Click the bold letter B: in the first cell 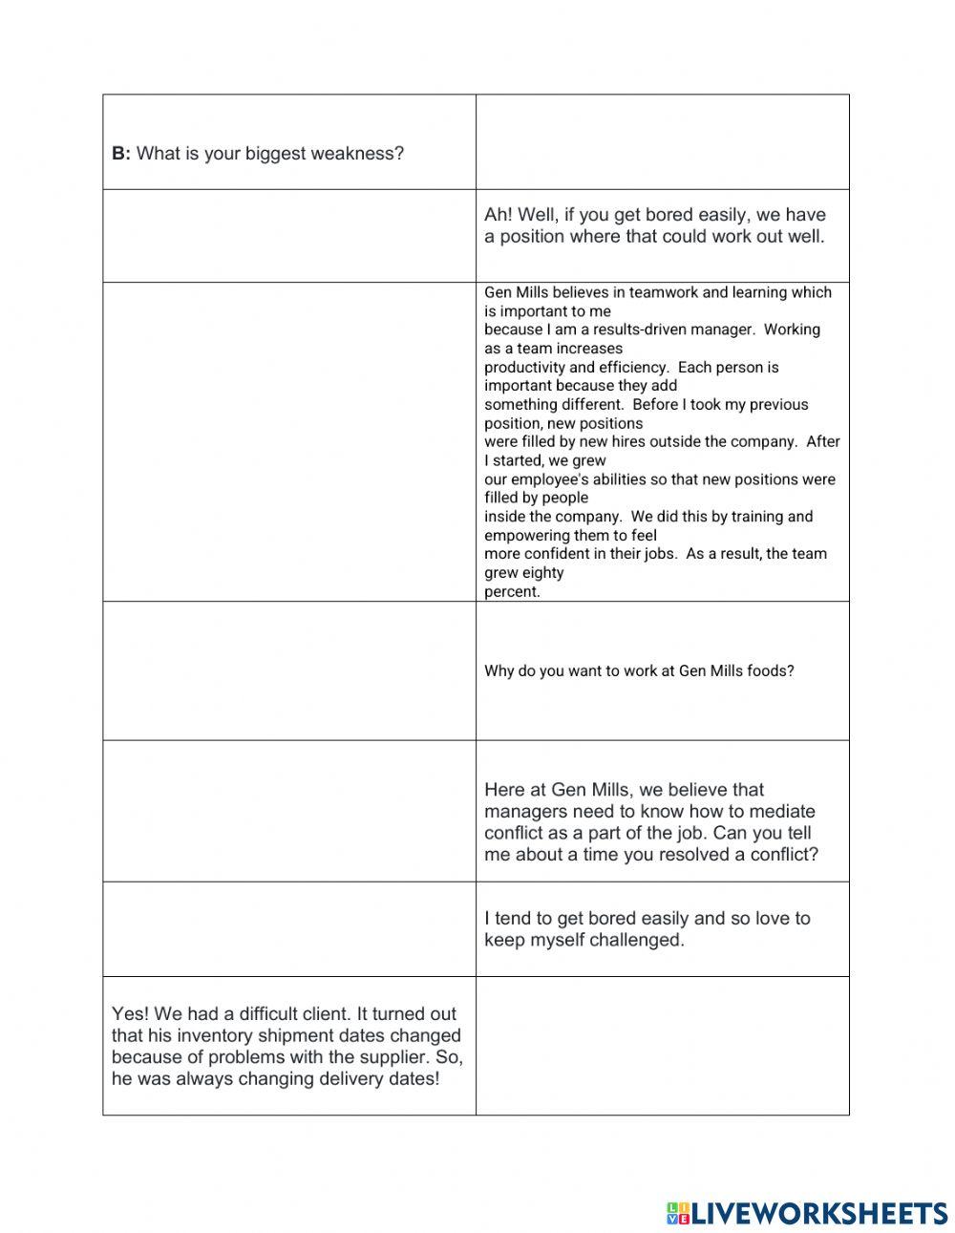click(x=121, y=154)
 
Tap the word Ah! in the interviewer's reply click(x=499, y=215)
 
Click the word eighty click(x=543, y=573)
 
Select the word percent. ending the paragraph click(x=512, y=591)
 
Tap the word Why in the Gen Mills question click(x=499, y=671)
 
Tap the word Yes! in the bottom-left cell click(x=130, y=1014)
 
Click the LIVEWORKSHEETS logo click(x=807, y=1213)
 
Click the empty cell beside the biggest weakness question click(x=662, y=142)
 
